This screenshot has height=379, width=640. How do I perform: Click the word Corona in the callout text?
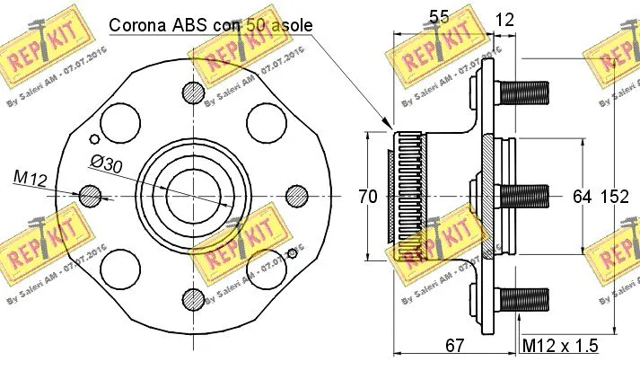point(137,25)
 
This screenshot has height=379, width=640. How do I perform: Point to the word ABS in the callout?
point(190,25)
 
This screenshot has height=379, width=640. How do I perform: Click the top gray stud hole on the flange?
point(192,92)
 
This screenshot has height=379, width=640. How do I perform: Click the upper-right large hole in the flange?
point(265,121)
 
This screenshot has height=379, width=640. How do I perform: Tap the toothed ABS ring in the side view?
point(408,195)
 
